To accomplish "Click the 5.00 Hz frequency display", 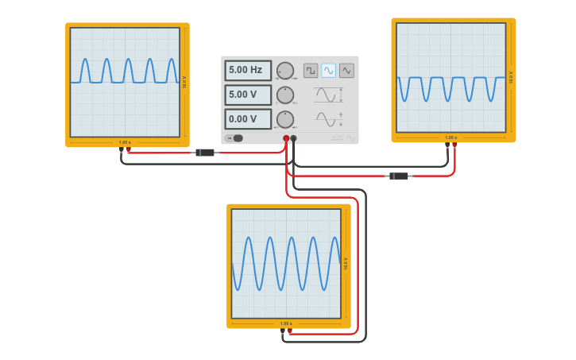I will click(x=247, y=70).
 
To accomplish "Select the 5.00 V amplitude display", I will click(x=247, y=95).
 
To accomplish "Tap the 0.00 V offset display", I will click(x=247, y=119).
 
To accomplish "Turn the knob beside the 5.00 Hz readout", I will click(x=284, y=71).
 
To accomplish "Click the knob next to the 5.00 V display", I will click(x=284, y=95).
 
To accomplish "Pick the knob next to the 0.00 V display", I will click(x=284, y=120).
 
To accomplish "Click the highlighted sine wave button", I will click(x=328, y=71).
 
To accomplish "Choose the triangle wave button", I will click(x=346, y=71).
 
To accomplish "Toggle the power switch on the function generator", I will click(x=234, y=138).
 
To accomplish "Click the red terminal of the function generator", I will click(x=286, y=138).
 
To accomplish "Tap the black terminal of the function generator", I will click(x=293, y=138).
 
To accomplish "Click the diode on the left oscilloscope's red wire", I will click(x=205, y=152).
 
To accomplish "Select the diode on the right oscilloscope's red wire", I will click(x=399, y=176).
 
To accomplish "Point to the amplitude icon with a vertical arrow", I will click(x=329, y=95).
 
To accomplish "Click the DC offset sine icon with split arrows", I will click(x=329, y=119).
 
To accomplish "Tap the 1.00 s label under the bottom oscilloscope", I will click(x=286, y=323).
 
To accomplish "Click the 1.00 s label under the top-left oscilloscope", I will click(x=125, y=142).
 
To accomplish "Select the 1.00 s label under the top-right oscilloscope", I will click(x=450, y=137).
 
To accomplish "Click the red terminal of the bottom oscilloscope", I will click(x=289, y=331).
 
